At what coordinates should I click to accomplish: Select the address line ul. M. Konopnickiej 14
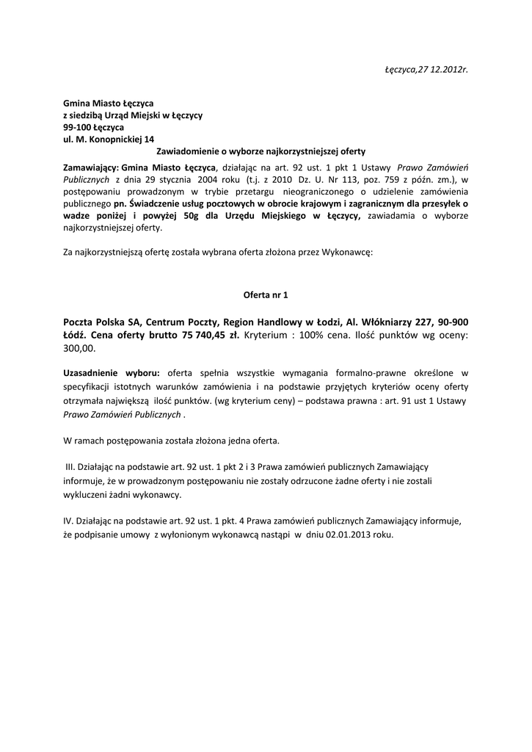(108, 139)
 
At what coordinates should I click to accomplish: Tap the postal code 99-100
(76, 127)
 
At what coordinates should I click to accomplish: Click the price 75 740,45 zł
(208, 335)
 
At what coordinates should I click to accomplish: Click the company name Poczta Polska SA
(101, 322)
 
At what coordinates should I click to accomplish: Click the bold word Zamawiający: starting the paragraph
(91, 167)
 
